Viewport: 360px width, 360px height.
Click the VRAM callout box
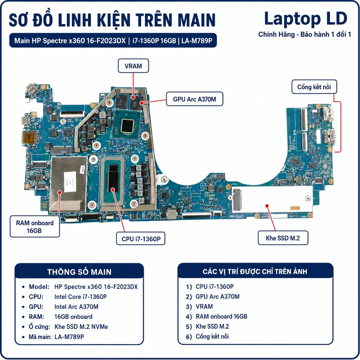[133, 66]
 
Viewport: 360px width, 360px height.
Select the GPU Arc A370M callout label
[194, 99]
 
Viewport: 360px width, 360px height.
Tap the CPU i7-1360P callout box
[141, 239]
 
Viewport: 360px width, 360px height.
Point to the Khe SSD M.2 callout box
[283, 238]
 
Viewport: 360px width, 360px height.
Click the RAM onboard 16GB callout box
[35, 226]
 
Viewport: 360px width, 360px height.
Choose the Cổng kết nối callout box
[314, 87]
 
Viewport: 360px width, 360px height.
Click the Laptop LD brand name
[306, 19]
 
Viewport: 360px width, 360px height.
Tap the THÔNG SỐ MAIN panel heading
[79, 272]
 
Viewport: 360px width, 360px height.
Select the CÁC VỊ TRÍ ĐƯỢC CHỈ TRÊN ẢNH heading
[255, 271]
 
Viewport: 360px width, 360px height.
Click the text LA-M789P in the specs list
[69, 337]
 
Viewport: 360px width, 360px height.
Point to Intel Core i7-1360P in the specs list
[81, 297]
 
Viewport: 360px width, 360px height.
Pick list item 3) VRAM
[199, 307]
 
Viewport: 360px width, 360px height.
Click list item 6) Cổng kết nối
[207, 336]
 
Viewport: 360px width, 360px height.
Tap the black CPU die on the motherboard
[113, 178]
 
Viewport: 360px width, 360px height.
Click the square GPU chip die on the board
[127, 126]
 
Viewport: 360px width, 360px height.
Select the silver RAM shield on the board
[69, 184]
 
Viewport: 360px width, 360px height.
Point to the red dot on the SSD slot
[267, 206]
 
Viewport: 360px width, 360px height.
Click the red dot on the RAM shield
[60, 192]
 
